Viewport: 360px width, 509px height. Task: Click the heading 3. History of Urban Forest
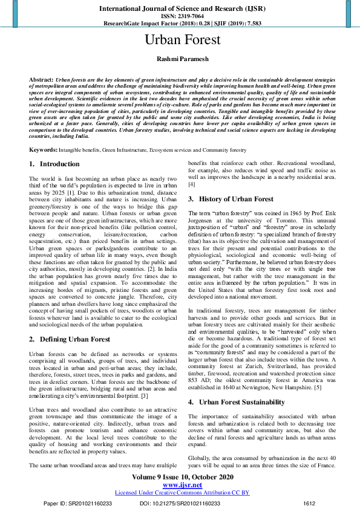(231, 199)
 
